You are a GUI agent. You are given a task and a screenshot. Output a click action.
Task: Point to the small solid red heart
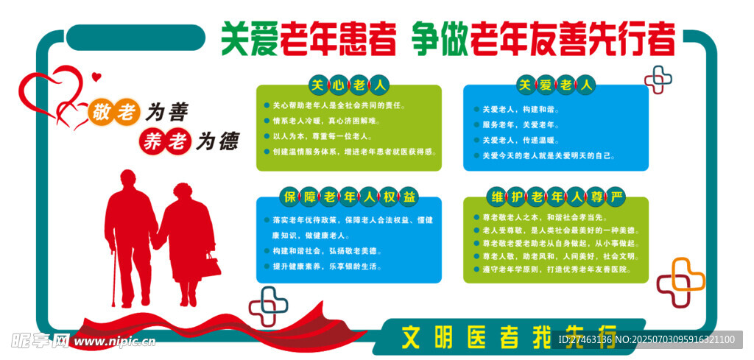96,76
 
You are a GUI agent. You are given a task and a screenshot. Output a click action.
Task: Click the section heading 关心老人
348,85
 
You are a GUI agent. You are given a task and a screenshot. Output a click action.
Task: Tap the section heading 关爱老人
555,85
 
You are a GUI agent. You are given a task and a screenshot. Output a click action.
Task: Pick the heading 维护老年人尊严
556,197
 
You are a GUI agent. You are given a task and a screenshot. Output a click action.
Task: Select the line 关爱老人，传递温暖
516,141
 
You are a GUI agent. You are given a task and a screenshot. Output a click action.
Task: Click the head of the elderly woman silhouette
183,191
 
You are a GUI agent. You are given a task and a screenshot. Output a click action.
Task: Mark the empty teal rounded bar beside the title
135,38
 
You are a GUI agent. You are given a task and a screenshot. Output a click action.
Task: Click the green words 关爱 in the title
250,40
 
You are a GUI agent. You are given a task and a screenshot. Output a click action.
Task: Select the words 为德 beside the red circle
217,142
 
